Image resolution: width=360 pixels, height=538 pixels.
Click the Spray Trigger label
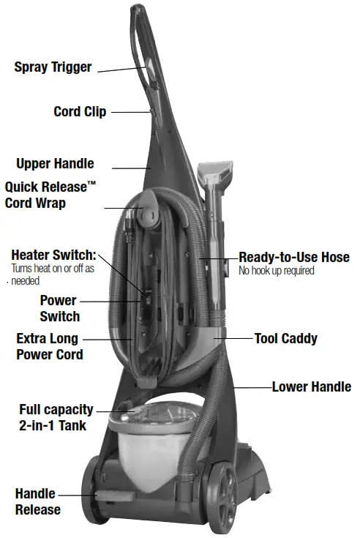(53, 67)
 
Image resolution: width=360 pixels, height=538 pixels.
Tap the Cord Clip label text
(80, 112)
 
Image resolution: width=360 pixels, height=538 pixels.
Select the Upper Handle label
(55, 163)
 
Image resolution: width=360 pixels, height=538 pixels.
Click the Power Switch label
(59, 308)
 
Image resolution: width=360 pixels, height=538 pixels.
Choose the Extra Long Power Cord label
(49, 347)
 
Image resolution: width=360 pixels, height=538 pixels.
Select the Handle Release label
(37, 501)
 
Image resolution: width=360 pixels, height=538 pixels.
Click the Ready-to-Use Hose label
(294, 258)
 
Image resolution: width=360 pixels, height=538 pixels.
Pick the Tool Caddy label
(285, 339)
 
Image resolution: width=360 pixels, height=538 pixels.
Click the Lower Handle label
(311, 386)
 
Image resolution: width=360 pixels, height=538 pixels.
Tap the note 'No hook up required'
(276, 271)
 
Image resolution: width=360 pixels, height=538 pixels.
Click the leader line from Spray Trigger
(120, 70)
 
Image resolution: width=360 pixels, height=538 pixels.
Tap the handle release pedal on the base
(106, 497)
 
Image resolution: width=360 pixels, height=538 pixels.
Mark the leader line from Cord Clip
(130, 112)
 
